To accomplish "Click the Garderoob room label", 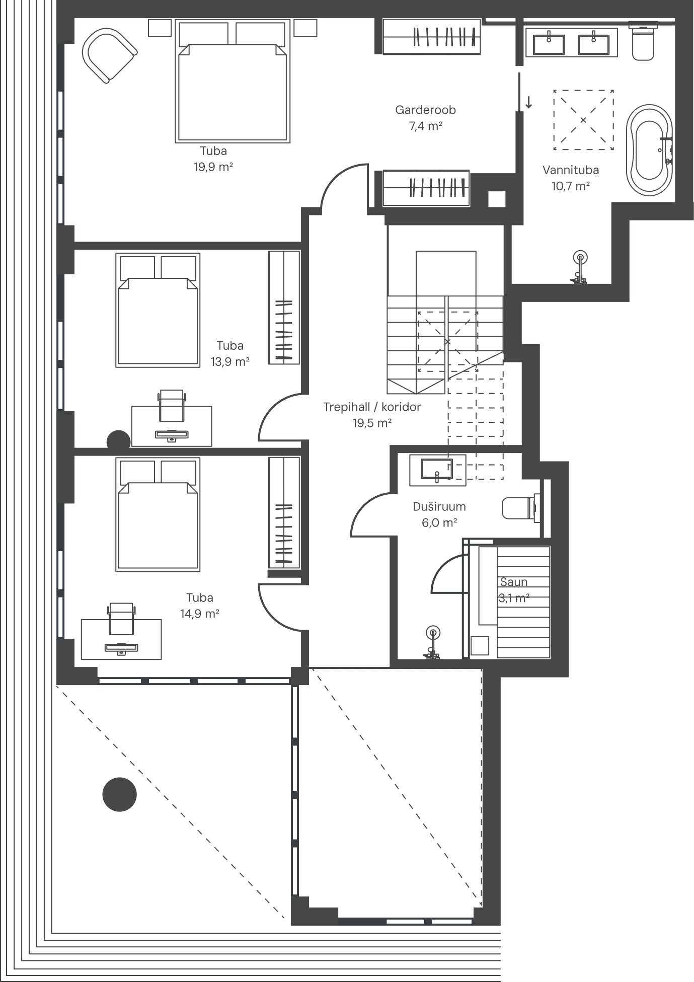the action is click(425, 110).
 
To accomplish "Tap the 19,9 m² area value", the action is click(213, 167).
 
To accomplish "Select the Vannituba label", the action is click(571, 170).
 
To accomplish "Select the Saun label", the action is click(514, 582).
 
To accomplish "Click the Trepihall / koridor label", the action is click(372, 407).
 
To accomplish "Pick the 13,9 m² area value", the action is click(230, 361).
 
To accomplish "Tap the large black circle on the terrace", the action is click(120, 794).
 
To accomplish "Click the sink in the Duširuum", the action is click(437, 469).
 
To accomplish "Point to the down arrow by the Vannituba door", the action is click(529, 102).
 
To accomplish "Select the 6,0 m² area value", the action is click(439, 523).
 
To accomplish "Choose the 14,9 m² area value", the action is click(200, 614).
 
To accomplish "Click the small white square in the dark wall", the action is click(497, 199).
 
